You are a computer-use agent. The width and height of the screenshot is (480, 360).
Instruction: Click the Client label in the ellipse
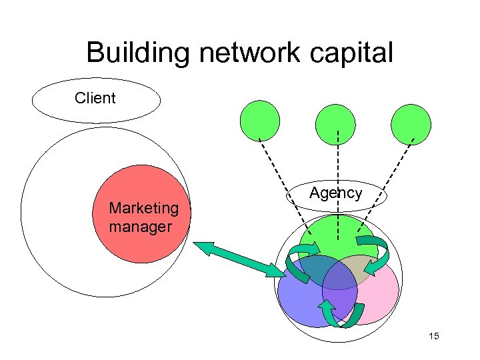[x=95, y=98]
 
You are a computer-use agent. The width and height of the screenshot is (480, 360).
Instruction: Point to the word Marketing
[x=143, y=208]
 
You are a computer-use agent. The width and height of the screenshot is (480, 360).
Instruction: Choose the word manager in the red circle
[x=140, y=227]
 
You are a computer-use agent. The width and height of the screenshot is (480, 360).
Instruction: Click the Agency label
[x=335, y=193]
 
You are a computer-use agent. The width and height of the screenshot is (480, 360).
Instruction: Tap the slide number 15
[x=434, y=336]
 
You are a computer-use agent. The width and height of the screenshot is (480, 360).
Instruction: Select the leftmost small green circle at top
[x=260, y=120]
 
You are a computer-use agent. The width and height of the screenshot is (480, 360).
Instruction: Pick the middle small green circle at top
[x=336, y=125]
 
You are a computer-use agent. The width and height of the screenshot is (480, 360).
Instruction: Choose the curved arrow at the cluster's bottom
[x=340, y=314]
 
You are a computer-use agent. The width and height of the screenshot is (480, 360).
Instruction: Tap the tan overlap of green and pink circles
[x=363, y=267]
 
